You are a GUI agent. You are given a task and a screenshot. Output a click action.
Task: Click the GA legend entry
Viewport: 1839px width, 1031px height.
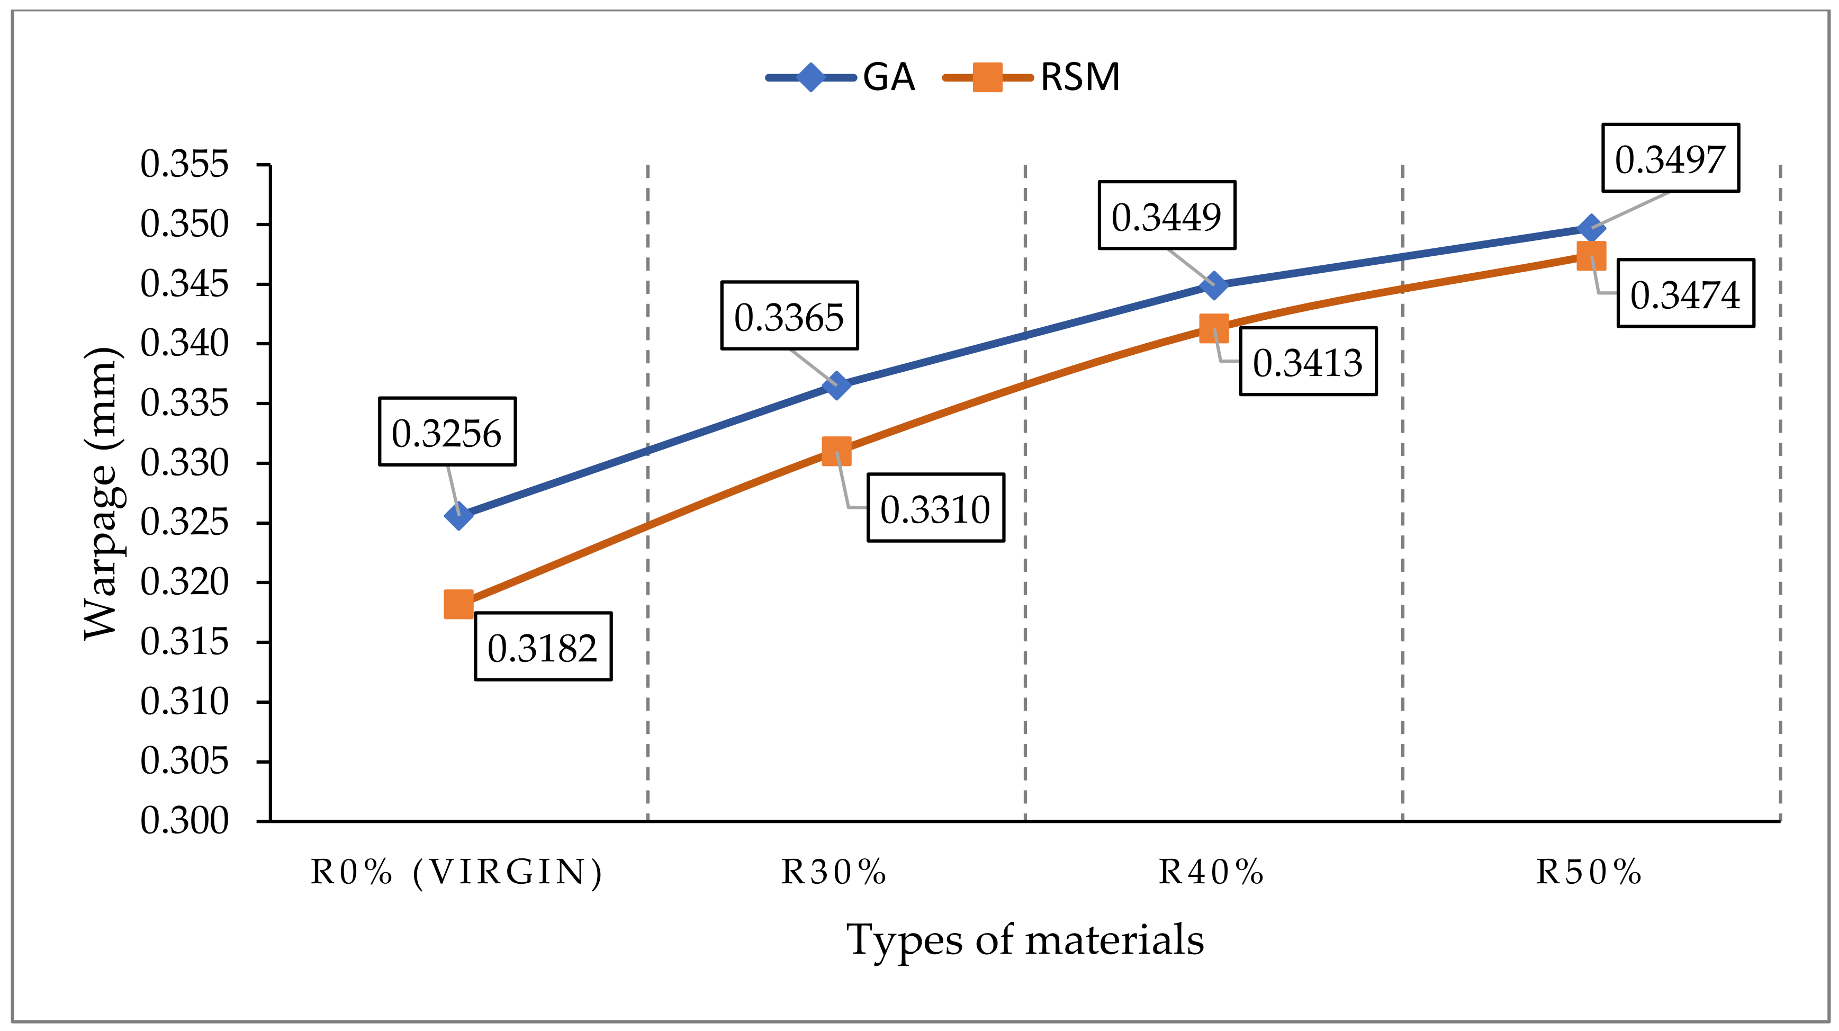[x=842, y=77]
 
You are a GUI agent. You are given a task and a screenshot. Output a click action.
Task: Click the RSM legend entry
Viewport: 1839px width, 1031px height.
[x=1032, y=77]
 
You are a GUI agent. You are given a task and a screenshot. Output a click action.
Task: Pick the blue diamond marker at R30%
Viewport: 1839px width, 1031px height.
[x=836, y=385]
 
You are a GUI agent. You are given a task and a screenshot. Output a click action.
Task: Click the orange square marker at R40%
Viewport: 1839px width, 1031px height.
[x=1214, y=328]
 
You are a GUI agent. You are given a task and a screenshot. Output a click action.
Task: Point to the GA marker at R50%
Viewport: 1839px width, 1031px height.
[x=1591, y=228]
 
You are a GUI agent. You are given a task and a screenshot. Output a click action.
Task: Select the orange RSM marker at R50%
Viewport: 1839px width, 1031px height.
[x=1591, y=256]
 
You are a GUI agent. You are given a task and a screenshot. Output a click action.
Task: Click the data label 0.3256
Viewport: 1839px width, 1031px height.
[x=447, y=432]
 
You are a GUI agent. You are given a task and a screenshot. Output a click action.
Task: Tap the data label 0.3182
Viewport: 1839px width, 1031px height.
[x=543, y=647]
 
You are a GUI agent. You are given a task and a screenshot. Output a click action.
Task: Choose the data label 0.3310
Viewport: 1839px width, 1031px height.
[x=935, y=508]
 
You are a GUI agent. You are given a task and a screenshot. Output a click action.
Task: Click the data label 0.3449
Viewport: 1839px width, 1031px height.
[x=1167, y=215]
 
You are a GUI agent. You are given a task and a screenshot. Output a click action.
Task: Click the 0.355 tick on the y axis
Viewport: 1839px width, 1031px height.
[x=184, y=164]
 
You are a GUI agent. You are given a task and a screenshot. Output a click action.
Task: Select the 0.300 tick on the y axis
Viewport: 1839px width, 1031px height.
[x=184, y=821]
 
